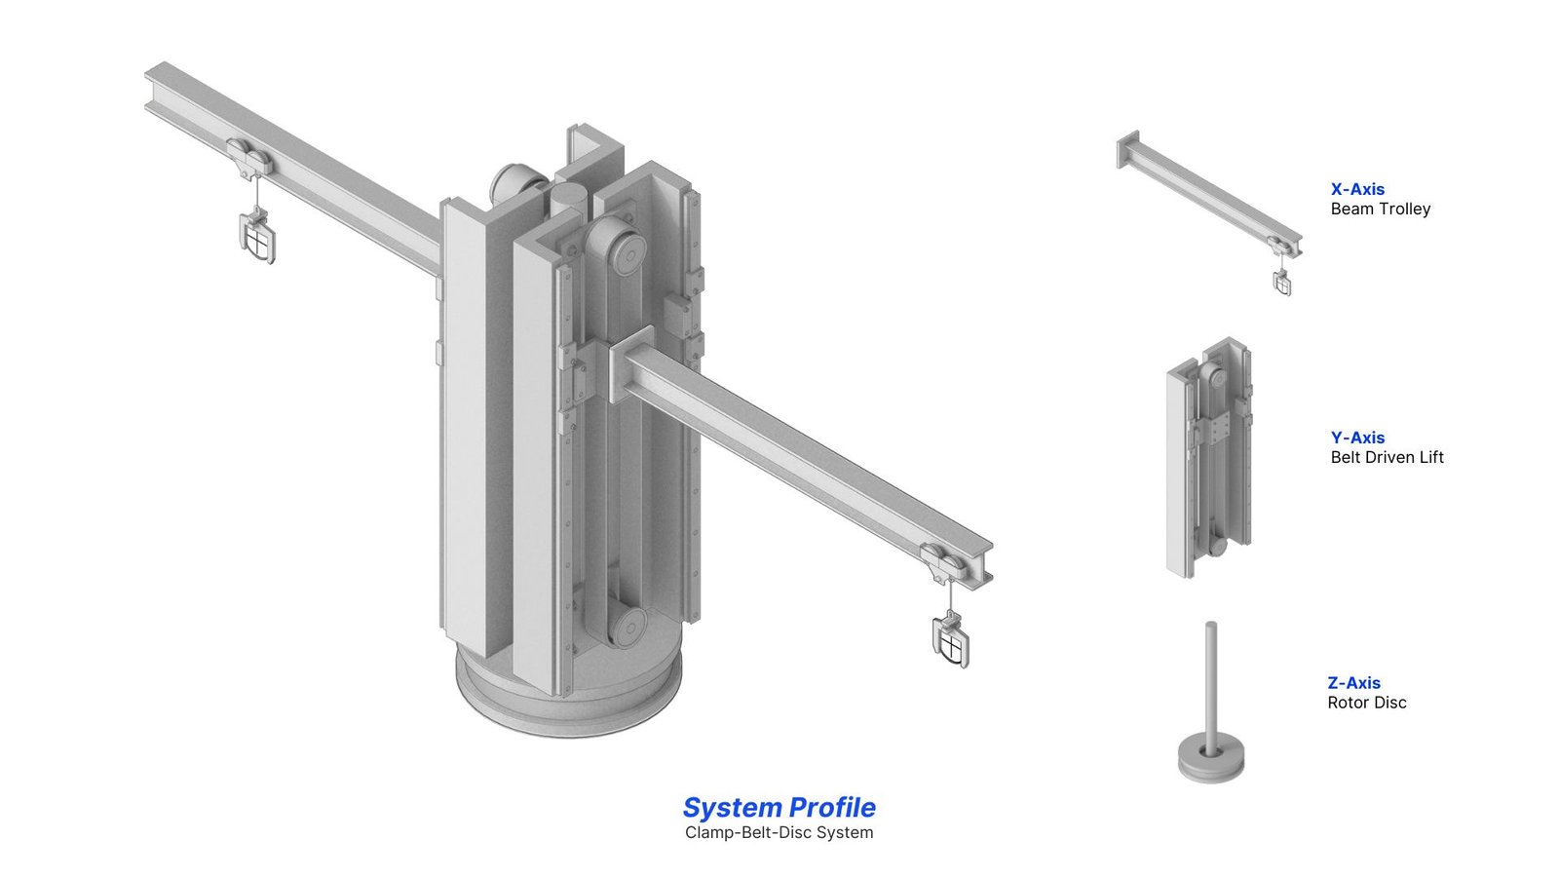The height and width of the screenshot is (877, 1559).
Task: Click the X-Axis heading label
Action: pos(1357,189)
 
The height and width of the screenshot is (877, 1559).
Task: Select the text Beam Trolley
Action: pos(1380,209)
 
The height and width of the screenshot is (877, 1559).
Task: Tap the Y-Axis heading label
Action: pos(1357,438)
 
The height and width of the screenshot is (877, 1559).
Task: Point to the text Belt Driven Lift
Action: pos(1388,457)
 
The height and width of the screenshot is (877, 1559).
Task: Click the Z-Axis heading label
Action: pos(1353,683)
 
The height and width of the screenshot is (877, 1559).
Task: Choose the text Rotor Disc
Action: pos(1367,703)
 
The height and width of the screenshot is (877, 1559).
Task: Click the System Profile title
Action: pos(779,808)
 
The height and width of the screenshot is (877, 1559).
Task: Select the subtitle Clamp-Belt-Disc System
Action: pos(779,832)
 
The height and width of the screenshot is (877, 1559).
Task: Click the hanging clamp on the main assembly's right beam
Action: pos(951,640)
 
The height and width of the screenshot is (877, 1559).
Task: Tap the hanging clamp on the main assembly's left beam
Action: pos(257,237)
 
